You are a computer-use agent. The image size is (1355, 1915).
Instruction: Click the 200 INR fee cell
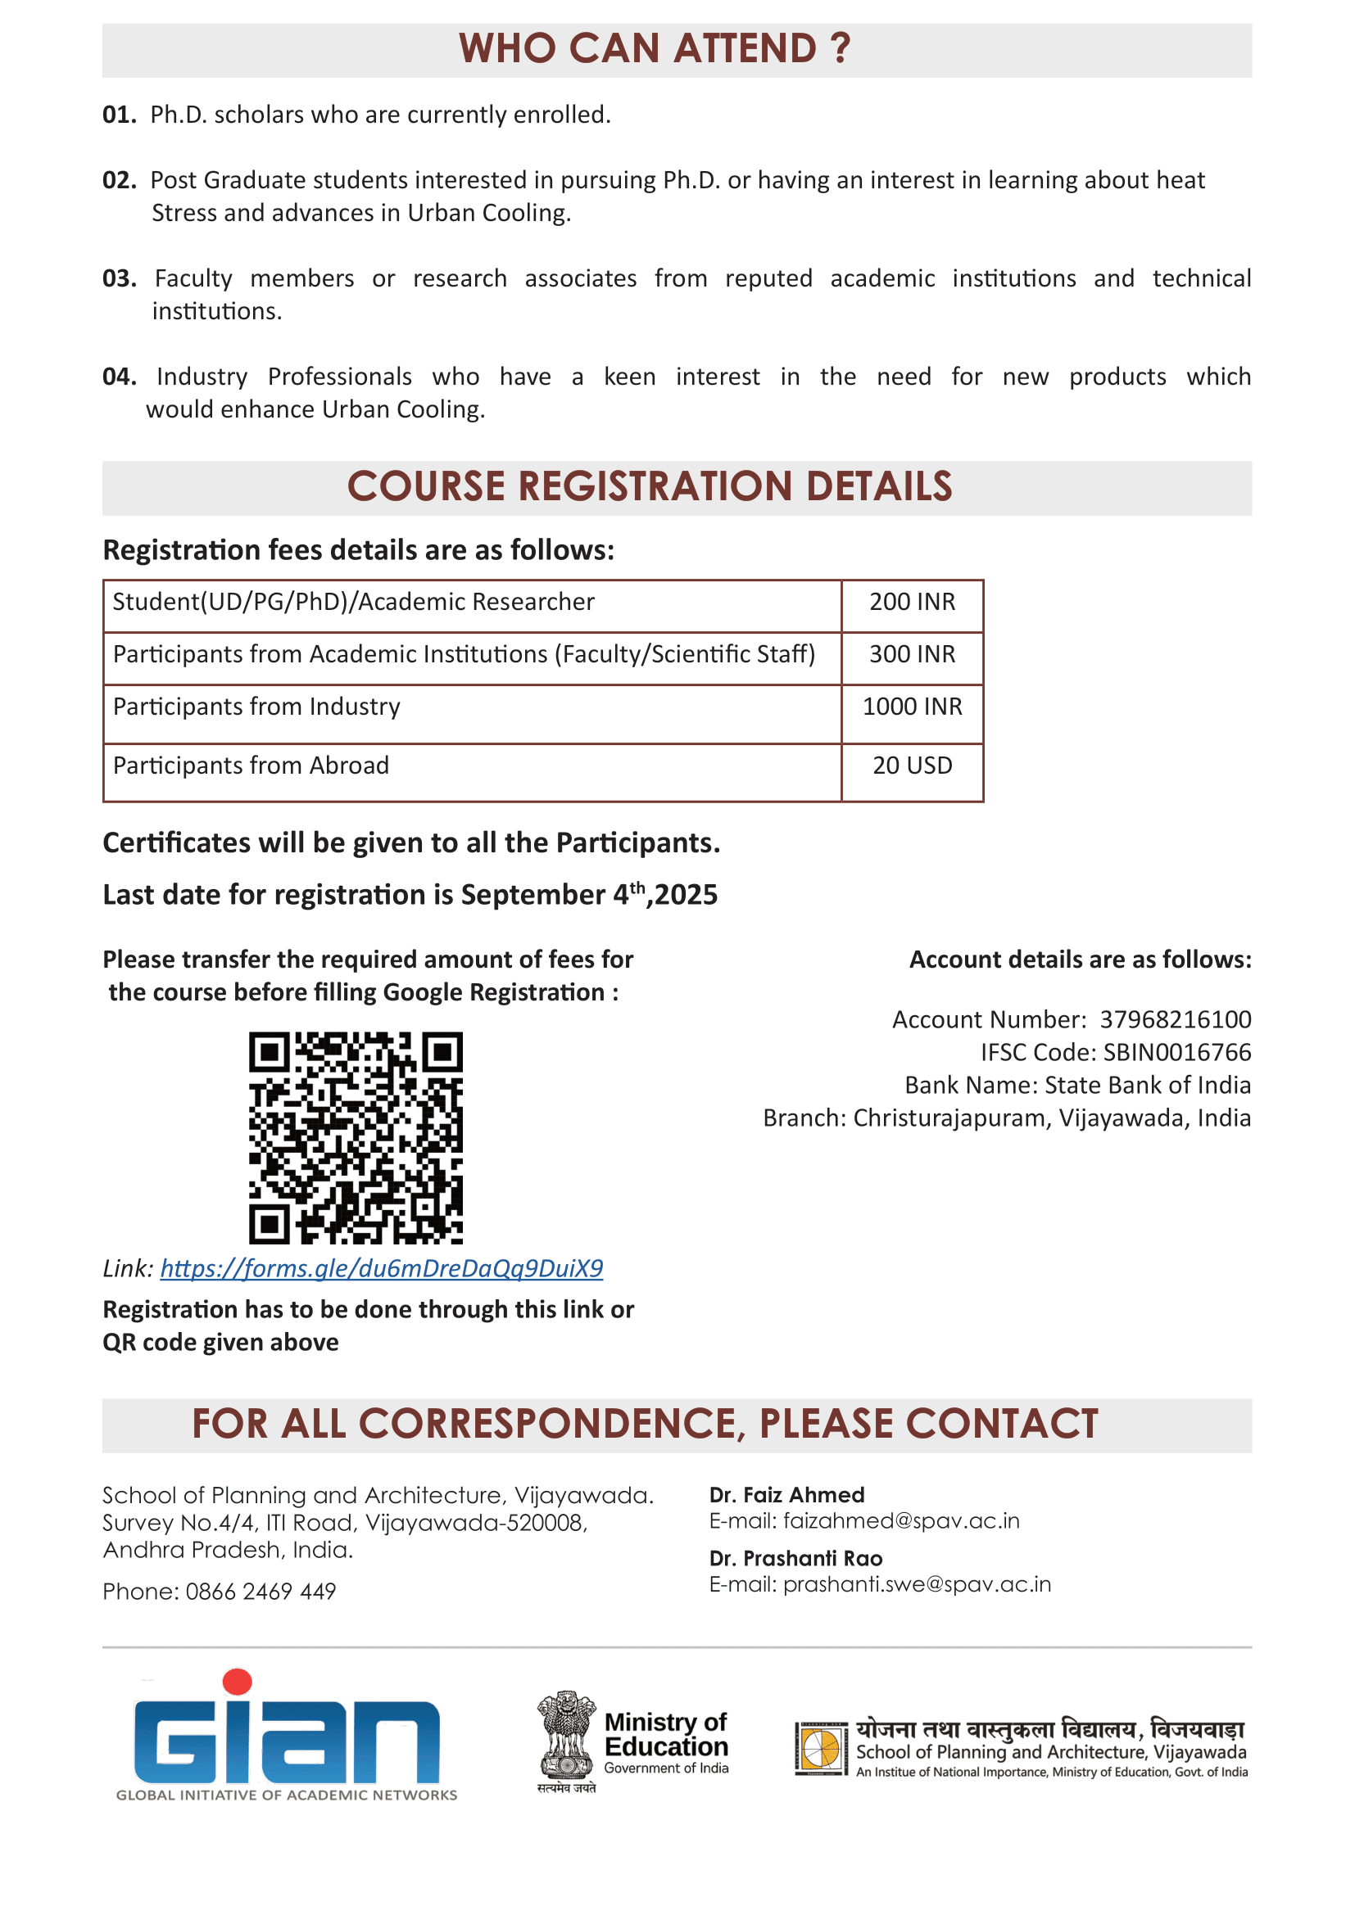(x=912, y=603)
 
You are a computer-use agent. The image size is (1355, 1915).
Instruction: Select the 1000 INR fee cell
(x=912, y=707)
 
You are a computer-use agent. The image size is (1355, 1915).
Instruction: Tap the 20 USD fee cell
(x=912, y=766)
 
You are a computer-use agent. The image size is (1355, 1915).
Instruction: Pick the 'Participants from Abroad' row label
(x=252, y=766)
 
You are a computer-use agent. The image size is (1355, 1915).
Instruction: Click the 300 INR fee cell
(x=912, y=655)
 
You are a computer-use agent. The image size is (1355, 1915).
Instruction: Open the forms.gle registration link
(x=381, y=1268)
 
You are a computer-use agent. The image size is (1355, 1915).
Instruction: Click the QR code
(x=356, y=1139)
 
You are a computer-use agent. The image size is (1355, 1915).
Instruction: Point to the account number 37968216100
(x=1175, y=1020)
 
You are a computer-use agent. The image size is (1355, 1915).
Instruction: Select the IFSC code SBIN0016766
(x=1176, y=1053)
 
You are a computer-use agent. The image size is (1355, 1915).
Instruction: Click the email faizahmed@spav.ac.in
(x=901, y=1520)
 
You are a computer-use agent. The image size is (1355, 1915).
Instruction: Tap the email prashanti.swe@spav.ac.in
(x=917, y=1584)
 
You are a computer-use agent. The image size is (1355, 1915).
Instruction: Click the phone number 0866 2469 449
(x=261, y=1592)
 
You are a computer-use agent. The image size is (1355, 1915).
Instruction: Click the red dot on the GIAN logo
(x=237, y=1682)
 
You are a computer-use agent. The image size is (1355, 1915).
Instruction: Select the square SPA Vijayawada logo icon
(x=821, y=1747)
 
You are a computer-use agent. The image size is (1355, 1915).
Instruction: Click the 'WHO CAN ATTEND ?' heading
(x=655, y=48)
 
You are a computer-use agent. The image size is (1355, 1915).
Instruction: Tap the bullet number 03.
(x=120, y=278)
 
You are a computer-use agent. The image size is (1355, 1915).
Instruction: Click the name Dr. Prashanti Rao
(x=795, y=1559)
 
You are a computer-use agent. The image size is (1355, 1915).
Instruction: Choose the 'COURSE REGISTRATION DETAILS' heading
(x=649, y=487)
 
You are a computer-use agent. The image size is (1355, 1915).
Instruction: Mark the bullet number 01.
(x=120, y=115)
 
